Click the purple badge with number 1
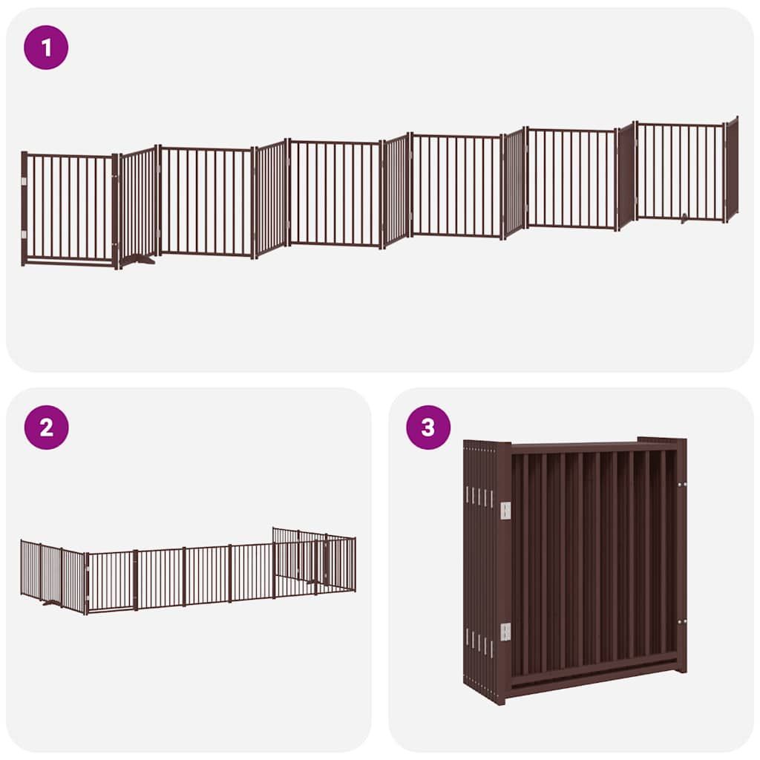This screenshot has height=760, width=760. click(x=46, y=47)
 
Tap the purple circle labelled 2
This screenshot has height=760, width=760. click(x=46, y=427)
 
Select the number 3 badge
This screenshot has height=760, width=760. click(x=428, y=427)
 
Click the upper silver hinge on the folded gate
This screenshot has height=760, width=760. click(x=505, y=509)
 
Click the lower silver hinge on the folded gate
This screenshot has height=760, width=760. click(x=505, y=632)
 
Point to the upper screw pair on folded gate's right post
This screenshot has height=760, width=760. click(x=681, y=484)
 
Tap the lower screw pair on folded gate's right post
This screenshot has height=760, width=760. click(x=681, y=621)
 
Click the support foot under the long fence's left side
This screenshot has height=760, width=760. click(x=137, y=261)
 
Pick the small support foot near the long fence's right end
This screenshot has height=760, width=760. click(x=684, y=219)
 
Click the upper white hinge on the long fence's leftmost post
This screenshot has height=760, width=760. click(x=24, y=181)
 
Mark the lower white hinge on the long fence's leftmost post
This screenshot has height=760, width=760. click(x=24, y=235)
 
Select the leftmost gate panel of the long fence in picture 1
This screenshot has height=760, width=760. click(x=69, y=209)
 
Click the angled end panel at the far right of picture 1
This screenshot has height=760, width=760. click(x=732, y=169)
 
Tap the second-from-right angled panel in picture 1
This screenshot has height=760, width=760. click(x=626, y=176)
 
